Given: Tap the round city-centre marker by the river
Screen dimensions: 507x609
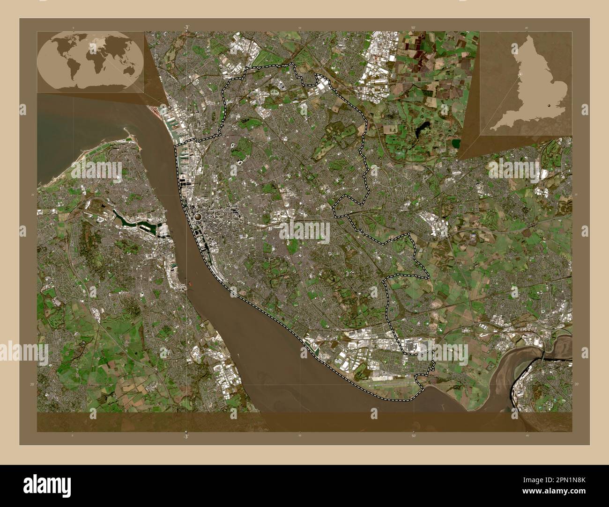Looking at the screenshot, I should click(199, 217).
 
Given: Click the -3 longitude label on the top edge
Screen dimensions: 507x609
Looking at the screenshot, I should click(186, 27).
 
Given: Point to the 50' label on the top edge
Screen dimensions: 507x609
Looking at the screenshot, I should click(413, 28).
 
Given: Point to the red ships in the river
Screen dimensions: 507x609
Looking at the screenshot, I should click(191, 282).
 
